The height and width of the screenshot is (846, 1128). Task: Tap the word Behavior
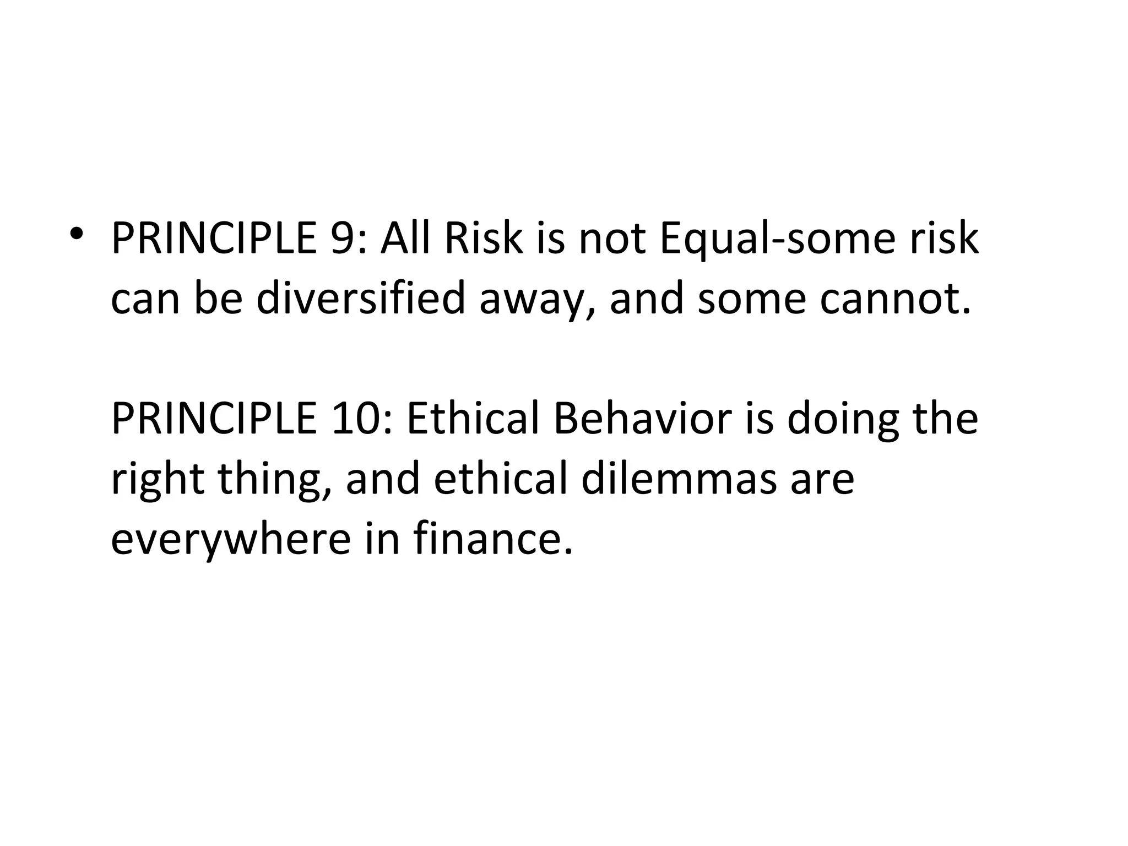(x=642, y=419)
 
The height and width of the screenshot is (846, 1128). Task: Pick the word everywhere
(x=230, y=539)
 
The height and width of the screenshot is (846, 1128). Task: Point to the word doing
(x=843, y=419)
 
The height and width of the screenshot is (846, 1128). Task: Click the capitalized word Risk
(x=484, y=238)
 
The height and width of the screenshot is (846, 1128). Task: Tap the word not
(x=611, y=239)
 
